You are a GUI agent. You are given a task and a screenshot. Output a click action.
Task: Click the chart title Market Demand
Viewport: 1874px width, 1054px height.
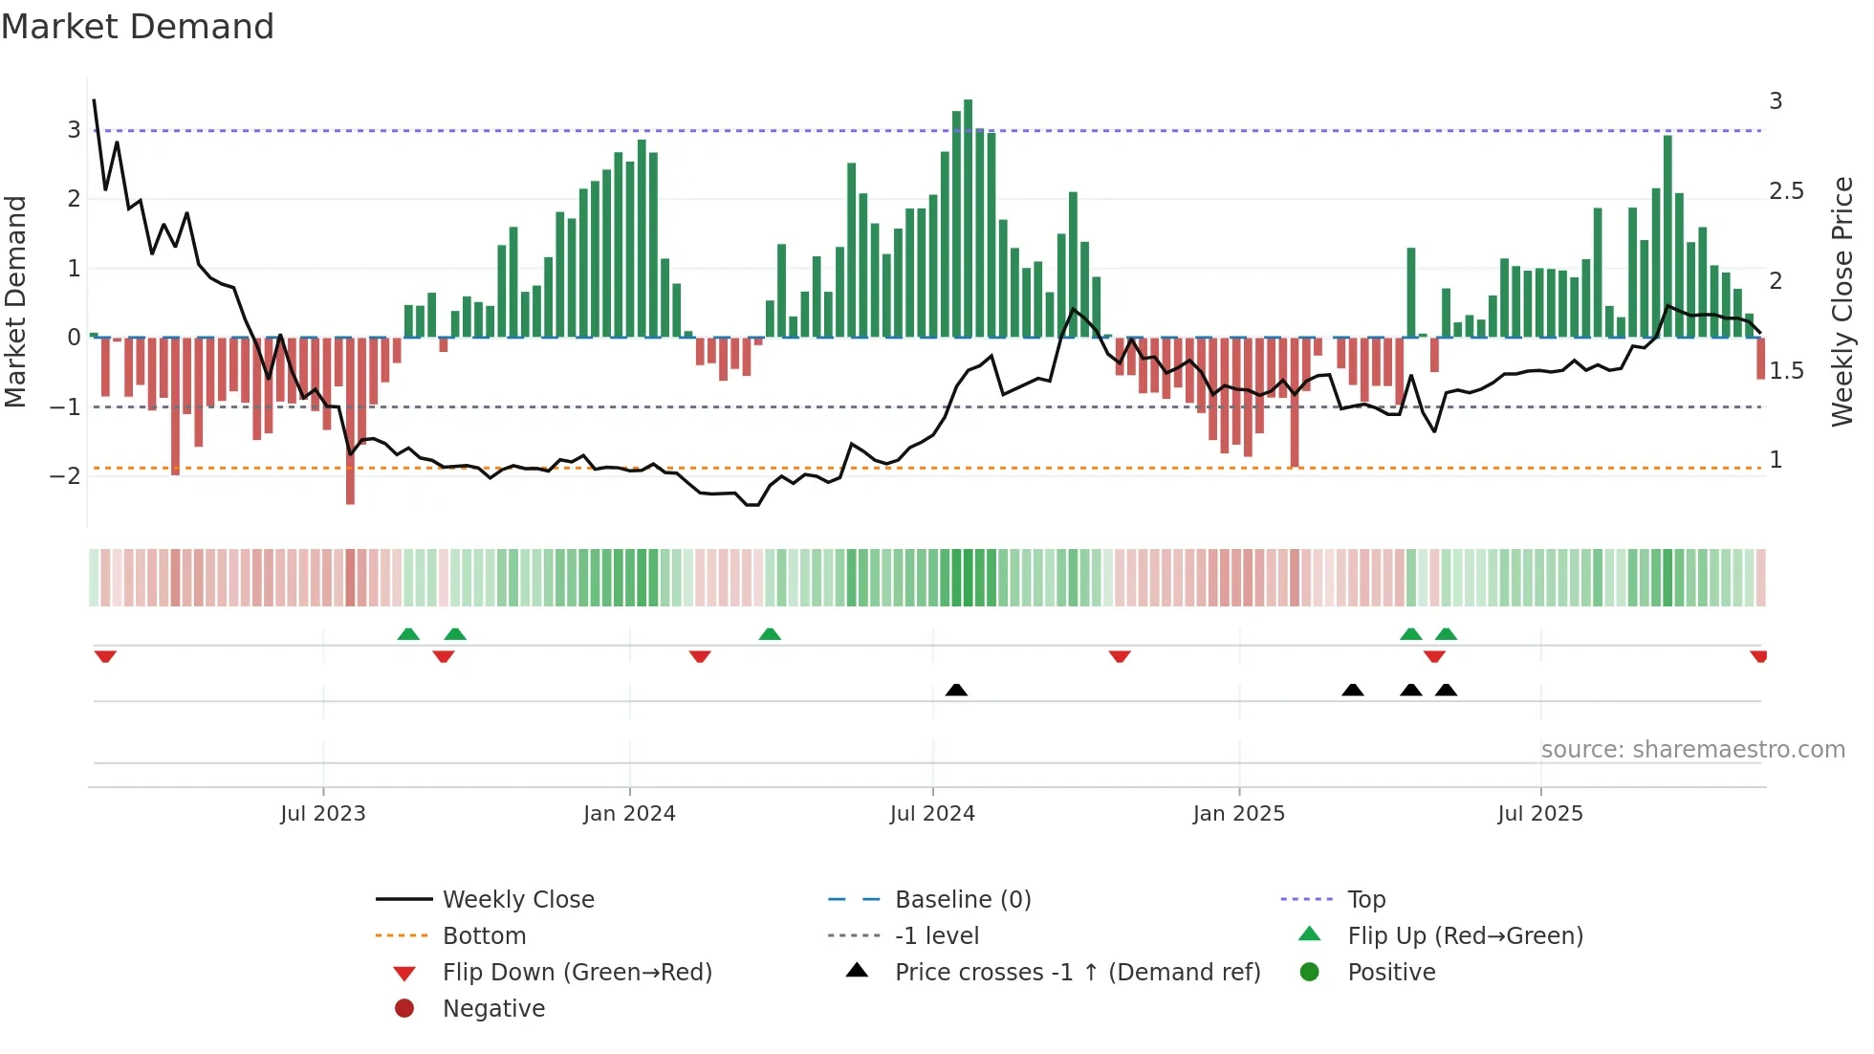[x=138, y=27]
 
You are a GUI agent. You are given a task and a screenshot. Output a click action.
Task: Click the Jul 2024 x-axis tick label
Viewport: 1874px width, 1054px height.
[x=932, y=814]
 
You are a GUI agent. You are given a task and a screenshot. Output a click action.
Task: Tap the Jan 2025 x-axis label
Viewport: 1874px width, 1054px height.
[x=1238, y=814]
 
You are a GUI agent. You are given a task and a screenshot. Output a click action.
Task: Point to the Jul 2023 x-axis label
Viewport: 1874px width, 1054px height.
[x=323, y=814]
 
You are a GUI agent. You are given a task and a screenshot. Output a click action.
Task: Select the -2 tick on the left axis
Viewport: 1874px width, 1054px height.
[x=66, y=476]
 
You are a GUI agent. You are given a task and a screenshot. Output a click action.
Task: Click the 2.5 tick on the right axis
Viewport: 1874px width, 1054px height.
[x=1786, y=191]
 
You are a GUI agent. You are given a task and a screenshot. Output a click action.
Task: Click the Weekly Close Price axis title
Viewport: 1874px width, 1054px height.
[x=1842, y=301]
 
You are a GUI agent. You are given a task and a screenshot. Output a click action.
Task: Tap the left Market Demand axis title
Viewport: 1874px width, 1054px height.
[x=16, y=301]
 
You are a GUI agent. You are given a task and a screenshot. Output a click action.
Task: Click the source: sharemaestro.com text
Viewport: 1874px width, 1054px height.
[x=1692, y=750]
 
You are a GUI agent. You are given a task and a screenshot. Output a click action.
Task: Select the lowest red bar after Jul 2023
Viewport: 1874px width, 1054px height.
[x=350, y=421]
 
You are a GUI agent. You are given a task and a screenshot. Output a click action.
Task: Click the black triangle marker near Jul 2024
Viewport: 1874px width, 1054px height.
[x=956, y=690]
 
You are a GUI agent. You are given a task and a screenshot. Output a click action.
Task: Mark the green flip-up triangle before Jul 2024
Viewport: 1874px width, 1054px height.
[x=770, y=634]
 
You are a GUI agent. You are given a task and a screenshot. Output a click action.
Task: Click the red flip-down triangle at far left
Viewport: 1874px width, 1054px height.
[x=105, y=656]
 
